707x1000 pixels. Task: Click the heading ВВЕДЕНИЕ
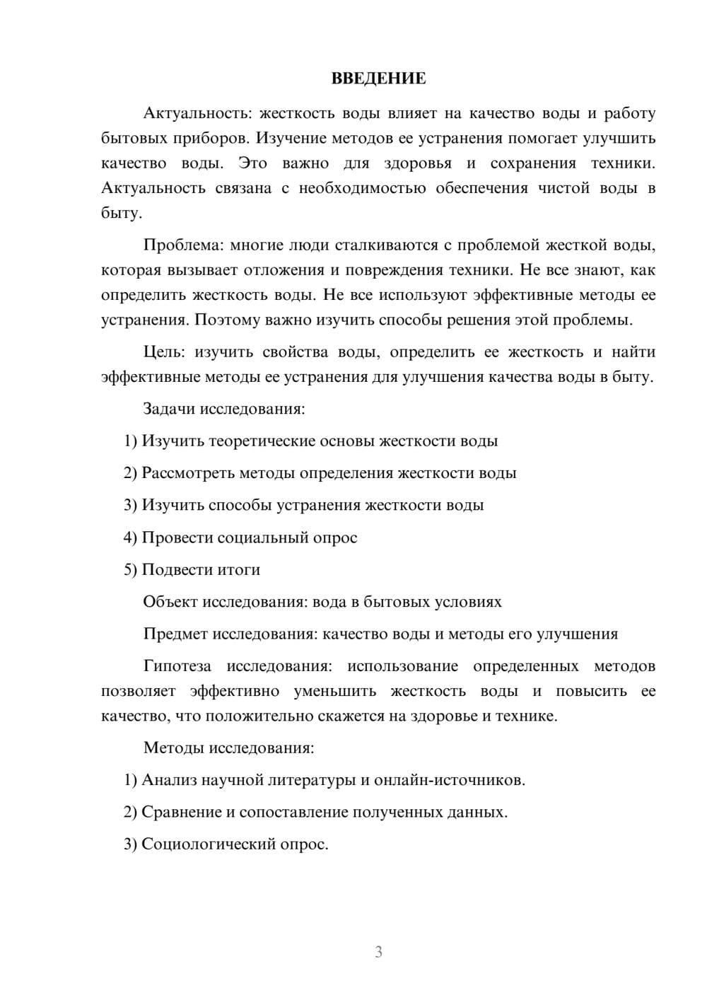point(378,79)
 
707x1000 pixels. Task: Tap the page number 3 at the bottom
point(378,952)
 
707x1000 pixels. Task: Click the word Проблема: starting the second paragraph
point(182,245)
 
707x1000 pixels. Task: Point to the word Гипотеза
point(177,666)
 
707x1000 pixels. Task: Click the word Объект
point(170,602)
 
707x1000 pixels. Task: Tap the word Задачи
point(169,409)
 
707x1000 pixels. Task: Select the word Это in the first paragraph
point(252,163)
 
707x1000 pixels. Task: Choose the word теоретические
point(262,441)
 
